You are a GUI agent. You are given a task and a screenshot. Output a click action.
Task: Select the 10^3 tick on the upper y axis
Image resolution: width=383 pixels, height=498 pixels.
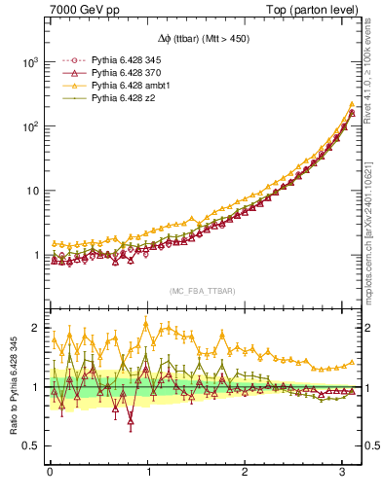coord(31,61)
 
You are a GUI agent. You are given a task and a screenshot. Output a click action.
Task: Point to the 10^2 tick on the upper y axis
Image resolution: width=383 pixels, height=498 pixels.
coord(31,126)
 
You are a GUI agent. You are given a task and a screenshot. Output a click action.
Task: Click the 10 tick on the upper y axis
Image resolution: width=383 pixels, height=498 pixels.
coord(33,191)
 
